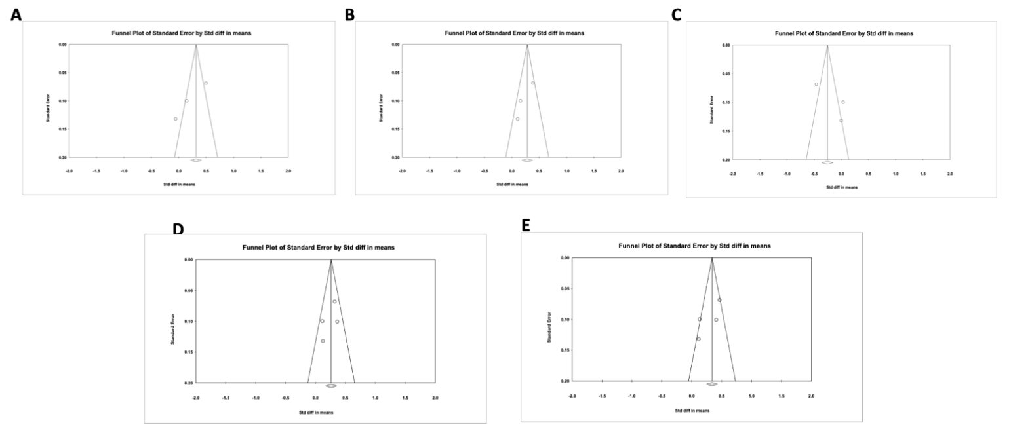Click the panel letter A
16,15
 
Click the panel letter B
349,14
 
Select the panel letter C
676,15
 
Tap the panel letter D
177,229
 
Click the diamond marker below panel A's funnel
195,160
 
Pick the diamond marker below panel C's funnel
827,162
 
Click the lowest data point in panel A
176,119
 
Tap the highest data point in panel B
533,83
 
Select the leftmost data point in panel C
816,84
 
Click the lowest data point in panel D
323,341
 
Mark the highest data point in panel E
719,300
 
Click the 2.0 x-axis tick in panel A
288,170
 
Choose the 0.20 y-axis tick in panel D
188,383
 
